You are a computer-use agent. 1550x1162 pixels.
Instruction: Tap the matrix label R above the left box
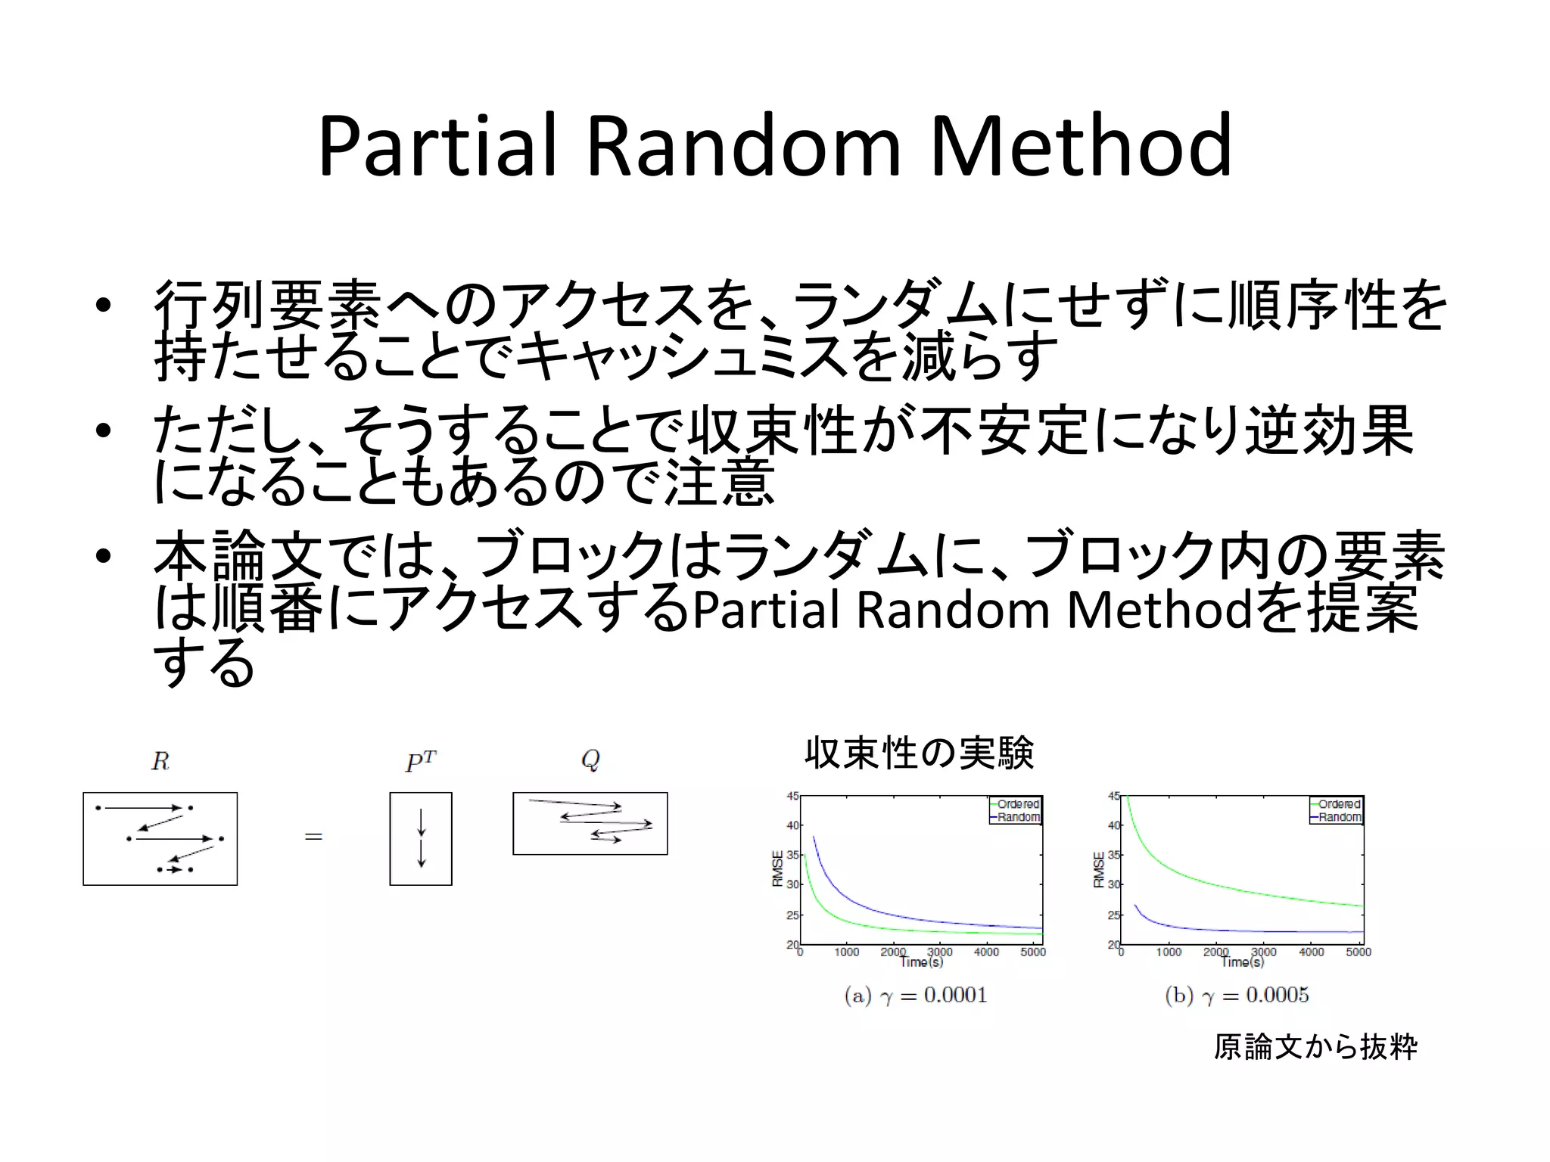[160, 761]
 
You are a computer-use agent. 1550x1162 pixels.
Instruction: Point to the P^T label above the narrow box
[421, 761]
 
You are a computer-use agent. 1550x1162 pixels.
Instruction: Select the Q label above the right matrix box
[590, 760]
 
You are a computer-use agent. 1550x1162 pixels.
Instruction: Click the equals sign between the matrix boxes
[313, 837]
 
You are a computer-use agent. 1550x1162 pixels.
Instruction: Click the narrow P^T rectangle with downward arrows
[421, 838]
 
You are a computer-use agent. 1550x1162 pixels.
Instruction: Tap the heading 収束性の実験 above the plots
[919, 753]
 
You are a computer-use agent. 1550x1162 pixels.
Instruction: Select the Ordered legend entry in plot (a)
[1017, 804]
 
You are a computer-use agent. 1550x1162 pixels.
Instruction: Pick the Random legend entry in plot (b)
[1339, 817]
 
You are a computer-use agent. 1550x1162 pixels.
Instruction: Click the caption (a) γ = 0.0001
[916, 995]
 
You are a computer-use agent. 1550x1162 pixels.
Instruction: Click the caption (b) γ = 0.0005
[1237, 995]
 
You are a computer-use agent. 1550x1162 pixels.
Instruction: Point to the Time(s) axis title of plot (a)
[921, 962]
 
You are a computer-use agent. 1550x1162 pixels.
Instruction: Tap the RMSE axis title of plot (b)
[1099, 869]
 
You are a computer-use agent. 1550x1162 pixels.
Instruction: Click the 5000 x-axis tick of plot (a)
[1032, 952]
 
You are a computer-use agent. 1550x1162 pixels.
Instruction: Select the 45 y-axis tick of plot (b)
[1114, 796]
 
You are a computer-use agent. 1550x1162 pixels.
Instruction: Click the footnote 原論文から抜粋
[1315, 1047]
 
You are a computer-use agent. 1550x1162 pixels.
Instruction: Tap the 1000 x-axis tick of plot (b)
[1169, 952]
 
